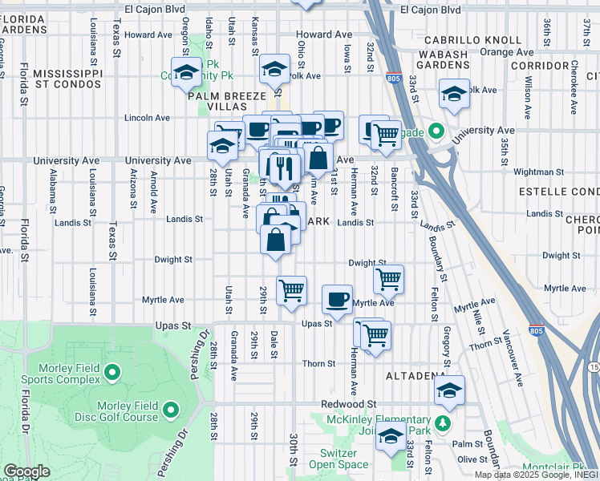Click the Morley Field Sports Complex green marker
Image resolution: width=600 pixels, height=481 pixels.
[x=111, y=373]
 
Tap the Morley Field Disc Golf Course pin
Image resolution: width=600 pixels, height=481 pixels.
[x=170, y=411]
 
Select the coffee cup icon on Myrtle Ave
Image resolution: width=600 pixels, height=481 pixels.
[x=337, y=299]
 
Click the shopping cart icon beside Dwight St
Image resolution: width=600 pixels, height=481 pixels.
[x=388, y=279]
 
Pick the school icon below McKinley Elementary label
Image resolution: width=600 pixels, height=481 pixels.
[x=391, y=437]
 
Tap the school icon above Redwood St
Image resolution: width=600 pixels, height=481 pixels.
[x=449, y=390]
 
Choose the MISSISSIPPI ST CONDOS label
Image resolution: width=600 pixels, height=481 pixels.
[x=56, y=78]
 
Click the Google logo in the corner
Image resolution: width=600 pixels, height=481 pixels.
[x=26, y=471]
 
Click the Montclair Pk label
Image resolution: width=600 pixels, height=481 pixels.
[x=563, y=467]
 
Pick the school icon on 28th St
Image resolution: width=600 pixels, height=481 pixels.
[x=221, y=145]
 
